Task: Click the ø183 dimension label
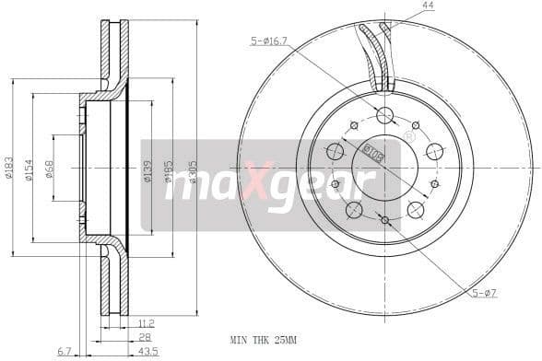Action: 8,169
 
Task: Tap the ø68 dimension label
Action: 49,169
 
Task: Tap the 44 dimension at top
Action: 427,6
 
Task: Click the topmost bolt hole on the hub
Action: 385,115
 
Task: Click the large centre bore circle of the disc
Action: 385,167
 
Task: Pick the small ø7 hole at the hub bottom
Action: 384,219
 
